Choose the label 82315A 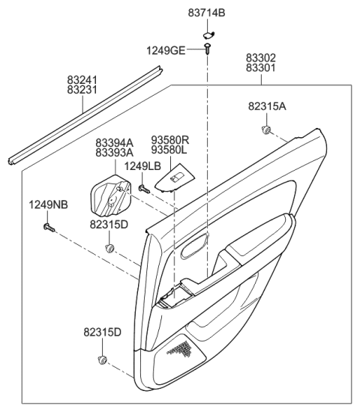pos(268,106)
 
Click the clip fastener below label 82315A pos(267,131)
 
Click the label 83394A pos(115,142)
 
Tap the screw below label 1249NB pos(48,225)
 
